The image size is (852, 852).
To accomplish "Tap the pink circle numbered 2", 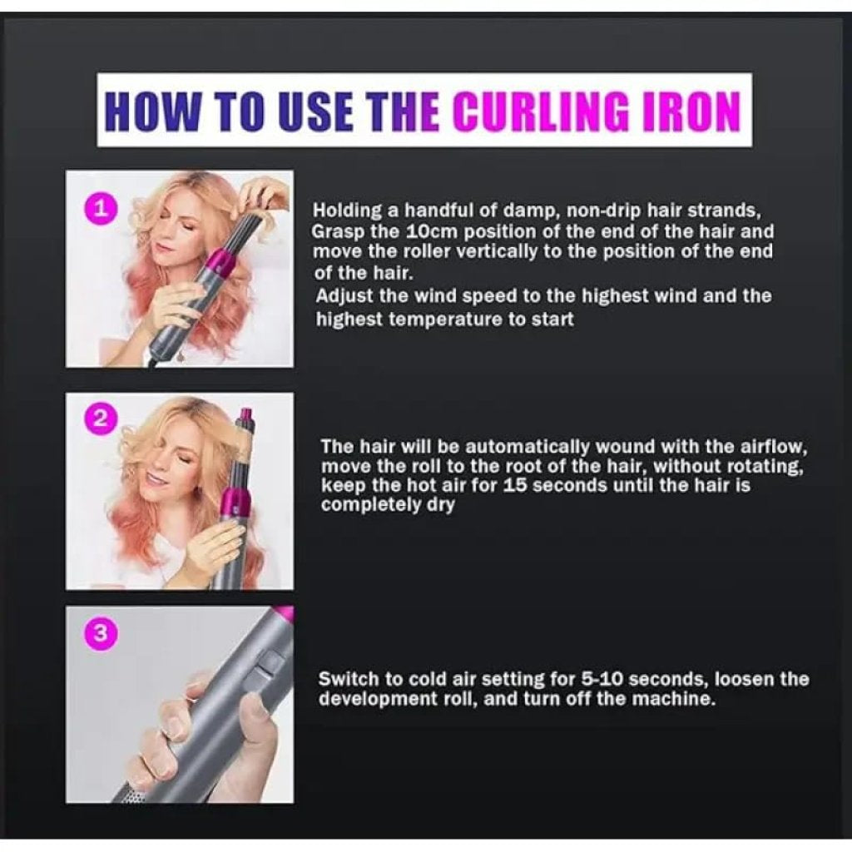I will pos(101,419).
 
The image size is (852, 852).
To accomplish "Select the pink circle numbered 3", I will pos(101,634).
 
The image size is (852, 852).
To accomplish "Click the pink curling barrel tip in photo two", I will pos(245,414).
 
